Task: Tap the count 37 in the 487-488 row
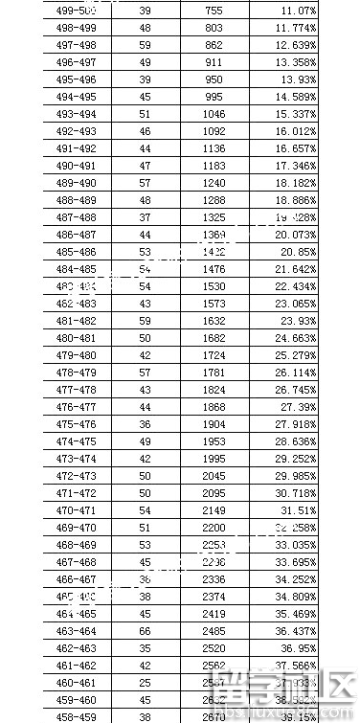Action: pyautogui.click(x=145, y=217)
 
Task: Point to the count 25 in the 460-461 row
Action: pyautogui.click(x=145, y=683)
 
